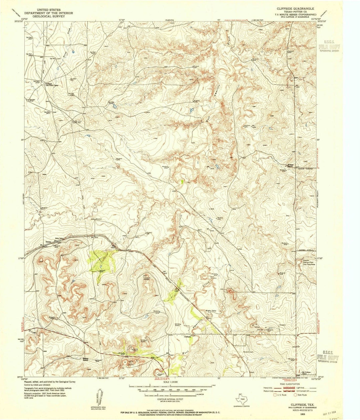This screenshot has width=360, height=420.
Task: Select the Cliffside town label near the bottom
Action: tap(188, 336)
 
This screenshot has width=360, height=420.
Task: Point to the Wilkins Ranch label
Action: tap(292, 165)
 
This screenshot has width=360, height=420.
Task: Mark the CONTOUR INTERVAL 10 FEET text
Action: tap(170, 401)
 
